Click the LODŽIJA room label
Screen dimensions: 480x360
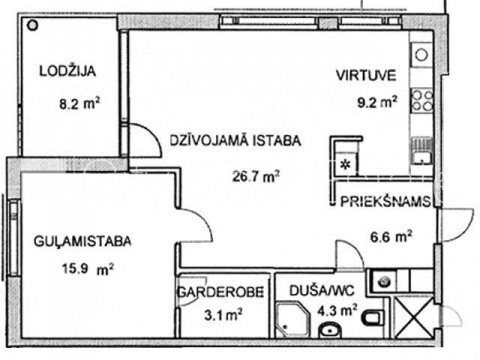point(68,71)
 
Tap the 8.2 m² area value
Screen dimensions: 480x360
point(80,104)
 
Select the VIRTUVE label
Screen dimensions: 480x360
point(366,75)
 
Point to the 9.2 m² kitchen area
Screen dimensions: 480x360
point(377,102)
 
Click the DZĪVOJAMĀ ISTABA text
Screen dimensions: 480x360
point(235,140)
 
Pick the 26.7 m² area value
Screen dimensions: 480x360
point(256,176)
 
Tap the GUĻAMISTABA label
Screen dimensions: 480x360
point(83,241)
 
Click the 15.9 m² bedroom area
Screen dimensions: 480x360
point(88,269)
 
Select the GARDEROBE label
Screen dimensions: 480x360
point(221,292)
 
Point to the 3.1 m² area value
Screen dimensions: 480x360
point(223,314)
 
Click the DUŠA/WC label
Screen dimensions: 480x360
point(322,291)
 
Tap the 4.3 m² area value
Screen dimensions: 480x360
point(337,311)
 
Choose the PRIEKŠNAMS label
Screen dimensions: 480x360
point(385,202)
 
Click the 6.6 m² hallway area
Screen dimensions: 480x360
point(391,237)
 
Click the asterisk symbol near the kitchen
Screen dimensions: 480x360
point(346,164)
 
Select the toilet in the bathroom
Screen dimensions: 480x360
point(371,318)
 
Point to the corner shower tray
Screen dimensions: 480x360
point(293,319)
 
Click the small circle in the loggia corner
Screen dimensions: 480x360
point(33,25)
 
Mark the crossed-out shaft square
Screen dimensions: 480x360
point(414,317)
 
